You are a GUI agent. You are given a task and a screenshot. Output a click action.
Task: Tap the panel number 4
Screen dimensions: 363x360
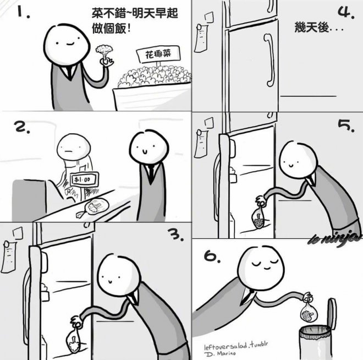(x=346, y=12)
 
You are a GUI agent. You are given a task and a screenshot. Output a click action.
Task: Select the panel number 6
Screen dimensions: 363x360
(x=212, y=257)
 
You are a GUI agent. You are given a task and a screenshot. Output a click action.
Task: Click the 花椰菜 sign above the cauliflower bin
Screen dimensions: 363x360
(x=158, y=54)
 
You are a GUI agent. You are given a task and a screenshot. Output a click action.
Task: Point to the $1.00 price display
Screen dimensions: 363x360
(x=84, y=179)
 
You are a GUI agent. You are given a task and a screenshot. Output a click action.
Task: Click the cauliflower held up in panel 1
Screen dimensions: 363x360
(x=105, y=51)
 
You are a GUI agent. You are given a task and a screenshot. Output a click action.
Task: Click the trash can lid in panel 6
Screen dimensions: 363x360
(x=332, y=313)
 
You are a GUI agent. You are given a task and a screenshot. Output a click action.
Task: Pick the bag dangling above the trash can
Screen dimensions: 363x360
(x=309, y=311)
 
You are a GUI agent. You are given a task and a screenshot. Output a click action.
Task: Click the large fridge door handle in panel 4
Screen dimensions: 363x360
(x=269, y=60)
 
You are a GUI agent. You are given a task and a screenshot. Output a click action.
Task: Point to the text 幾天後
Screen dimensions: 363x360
(x=312, y=28)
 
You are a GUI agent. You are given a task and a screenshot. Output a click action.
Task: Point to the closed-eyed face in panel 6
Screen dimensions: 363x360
(x=261, y=265)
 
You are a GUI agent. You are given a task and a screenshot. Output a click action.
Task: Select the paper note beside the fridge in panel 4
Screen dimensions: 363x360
(x=201, y=37)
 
